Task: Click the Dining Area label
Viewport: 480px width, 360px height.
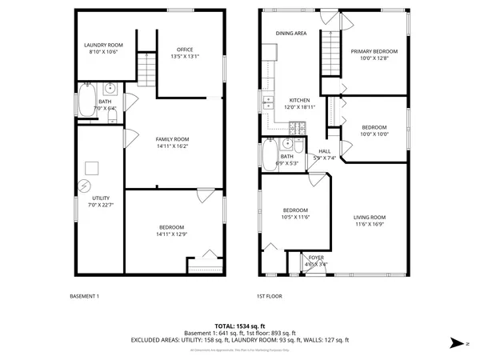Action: (291, 34)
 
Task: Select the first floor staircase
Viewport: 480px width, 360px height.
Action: (331, 52)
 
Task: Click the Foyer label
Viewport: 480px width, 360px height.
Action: (315, 258)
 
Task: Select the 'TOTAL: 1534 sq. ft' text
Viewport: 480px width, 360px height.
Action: (240, 326)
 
